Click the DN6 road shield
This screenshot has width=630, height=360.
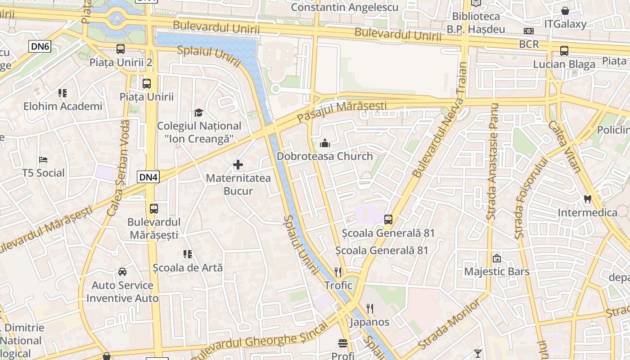click(40, 46)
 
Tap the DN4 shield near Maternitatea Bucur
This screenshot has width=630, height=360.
click(148, 177)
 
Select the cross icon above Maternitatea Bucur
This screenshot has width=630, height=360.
click(238, 165)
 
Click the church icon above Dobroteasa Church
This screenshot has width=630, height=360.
click(324, 144)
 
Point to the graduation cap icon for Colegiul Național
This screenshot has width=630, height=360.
click(198, 112)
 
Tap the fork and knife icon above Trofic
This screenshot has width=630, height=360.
click(338, 272)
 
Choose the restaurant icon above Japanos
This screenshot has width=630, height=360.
click(369, 309)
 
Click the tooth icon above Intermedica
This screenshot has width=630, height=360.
click(587, 198)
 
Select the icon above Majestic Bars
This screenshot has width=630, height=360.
click(497, 258)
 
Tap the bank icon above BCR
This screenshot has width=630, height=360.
click(529, 31)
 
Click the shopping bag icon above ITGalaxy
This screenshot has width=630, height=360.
click(565, 11)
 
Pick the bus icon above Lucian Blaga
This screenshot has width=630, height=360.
click(564, 51)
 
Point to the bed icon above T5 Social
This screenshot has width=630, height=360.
click(44, 160)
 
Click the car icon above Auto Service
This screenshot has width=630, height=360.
click(122, 272)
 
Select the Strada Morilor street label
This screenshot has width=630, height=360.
click(449, 325)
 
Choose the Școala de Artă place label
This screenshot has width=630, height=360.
click(188, 268)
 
